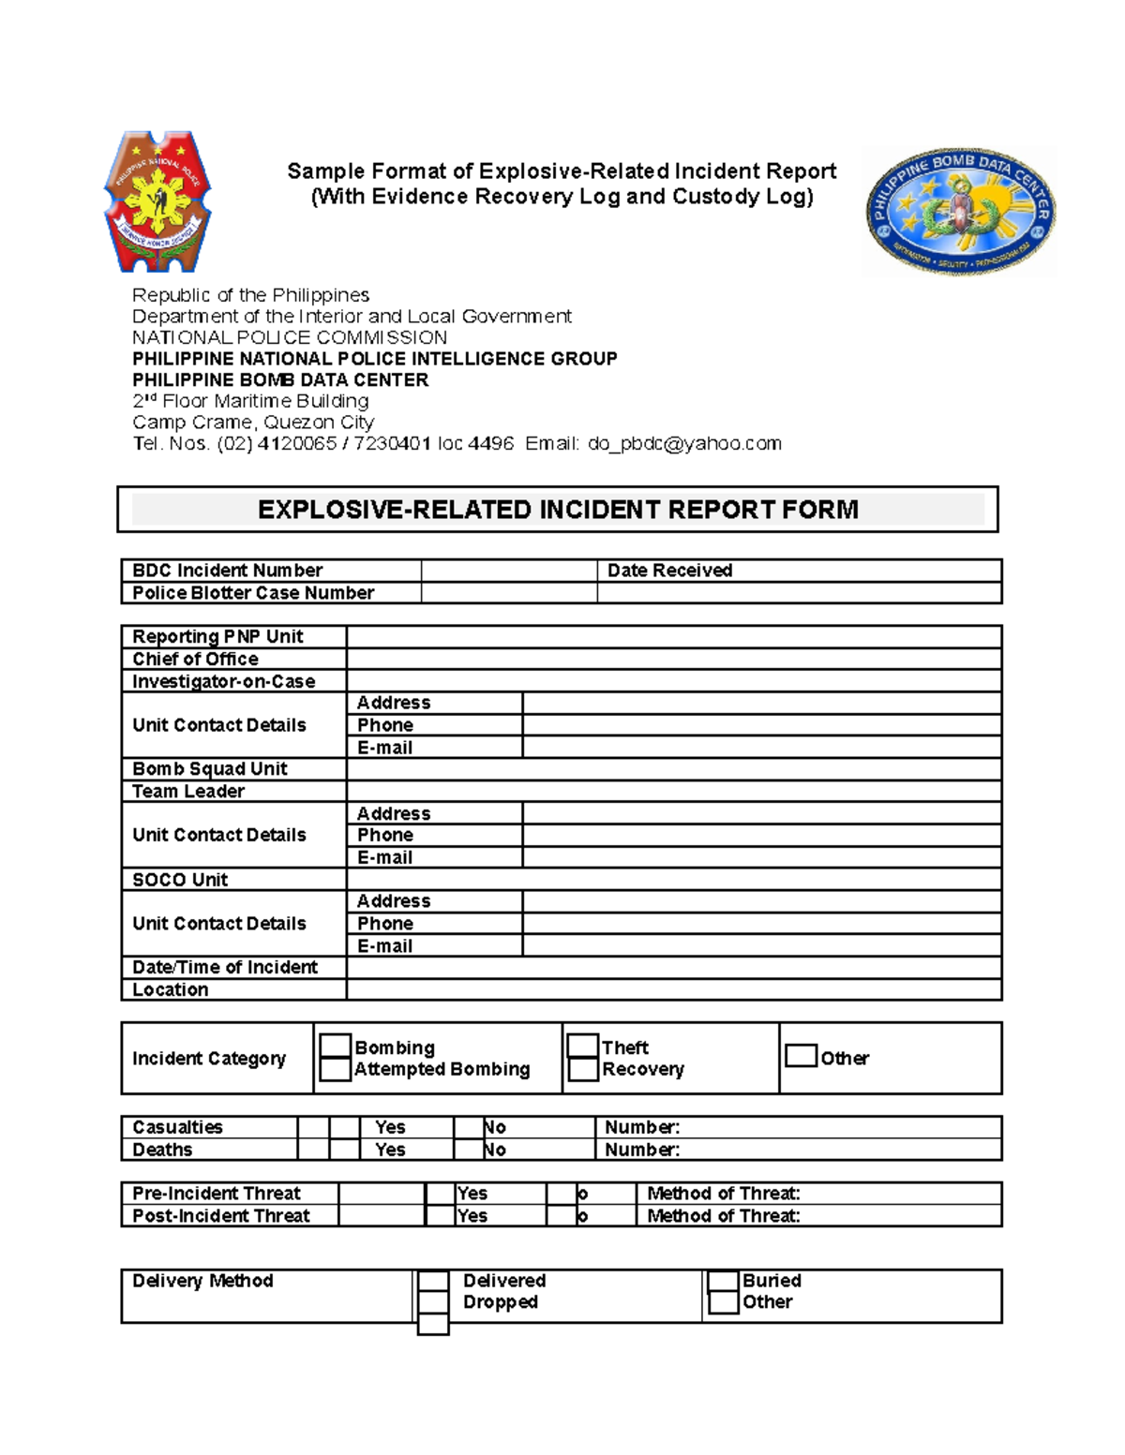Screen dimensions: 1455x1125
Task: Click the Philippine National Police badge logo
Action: pos(157,200)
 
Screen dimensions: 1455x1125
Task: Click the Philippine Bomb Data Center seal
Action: pos(960,212)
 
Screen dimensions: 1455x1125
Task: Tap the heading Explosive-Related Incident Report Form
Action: pos(558,510)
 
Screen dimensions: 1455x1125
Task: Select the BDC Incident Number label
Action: pos(227,571)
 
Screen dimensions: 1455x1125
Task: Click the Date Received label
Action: pos(669,571)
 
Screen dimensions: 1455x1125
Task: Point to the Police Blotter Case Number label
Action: pos(253,593)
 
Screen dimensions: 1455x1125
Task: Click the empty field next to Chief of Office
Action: pos(673,659)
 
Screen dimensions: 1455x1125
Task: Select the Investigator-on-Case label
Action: pos(223,681)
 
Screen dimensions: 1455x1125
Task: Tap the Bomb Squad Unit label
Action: pos(210,768)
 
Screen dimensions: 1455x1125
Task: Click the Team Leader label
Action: pos(188,791)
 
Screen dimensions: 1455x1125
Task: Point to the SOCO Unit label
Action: pos(180,880)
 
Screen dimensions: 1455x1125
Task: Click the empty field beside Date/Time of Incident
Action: pos(673,967)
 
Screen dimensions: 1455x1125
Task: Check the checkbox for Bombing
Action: pos(336,1047)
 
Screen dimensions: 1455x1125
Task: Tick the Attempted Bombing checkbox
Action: pos(336,1069)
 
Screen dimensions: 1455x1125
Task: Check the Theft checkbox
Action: pos(583,1047)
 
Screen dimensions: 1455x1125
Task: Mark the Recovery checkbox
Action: pos(583,1069)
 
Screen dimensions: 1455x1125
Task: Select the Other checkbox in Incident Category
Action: pos(801,1056)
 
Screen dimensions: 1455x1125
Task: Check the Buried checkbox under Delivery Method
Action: pos(723,1281)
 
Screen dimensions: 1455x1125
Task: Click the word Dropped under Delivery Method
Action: pos(501,1302)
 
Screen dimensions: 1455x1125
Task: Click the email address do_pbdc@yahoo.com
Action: pos(684,443)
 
